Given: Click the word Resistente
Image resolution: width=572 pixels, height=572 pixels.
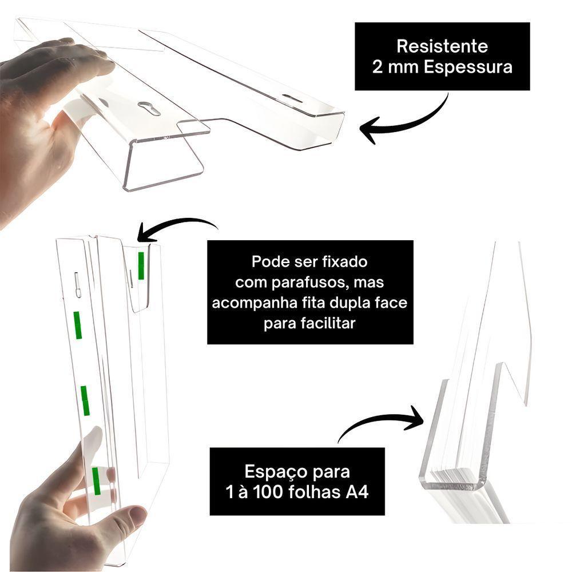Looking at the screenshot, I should (x=442, y=46).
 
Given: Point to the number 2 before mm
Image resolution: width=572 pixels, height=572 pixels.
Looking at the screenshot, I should (x=378, y=67).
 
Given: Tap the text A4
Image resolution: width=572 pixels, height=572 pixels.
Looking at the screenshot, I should (x=355, y=492).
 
